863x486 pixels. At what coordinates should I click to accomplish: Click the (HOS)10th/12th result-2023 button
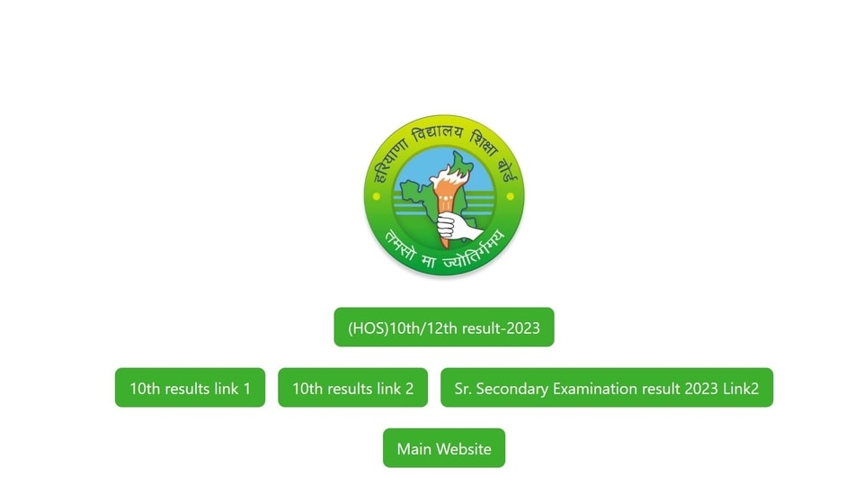pyautogui.click(x=443, y=328)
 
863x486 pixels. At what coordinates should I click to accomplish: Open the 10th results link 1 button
pyautogui.click(x=190, y=387)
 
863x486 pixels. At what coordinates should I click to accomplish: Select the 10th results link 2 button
pyautogui.click(x=352, y=387)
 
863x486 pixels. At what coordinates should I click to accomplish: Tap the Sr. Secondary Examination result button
pyautogui.click(x=607, y=387)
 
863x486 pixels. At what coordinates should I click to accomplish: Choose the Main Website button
pyautogui.click(x=443, y=448)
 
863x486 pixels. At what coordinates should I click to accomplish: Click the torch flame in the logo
pyautogui.click(x=450, y=178)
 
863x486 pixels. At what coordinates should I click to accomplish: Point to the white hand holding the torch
pyautogui.click(x=456, y=227)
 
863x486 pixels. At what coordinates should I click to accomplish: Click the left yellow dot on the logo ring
pyautogui.click(x=377, y=196)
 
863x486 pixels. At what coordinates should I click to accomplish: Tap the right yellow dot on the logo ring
pyautogui.click(x=511, y=196)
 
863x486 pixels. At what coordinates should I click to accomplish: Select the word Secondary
pyautogui.click(x=512, y=389)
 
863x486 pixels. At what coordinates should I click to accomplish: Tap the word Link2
pyautogui.click(x=741, y=389)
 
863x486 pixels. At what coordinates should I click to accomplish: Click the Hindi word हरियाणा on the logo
pyautogui.click(x=389, y=160)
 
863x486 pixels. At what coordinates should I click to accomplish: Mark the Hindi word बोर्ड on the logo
pyautogui.click(x=507, y=167)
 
